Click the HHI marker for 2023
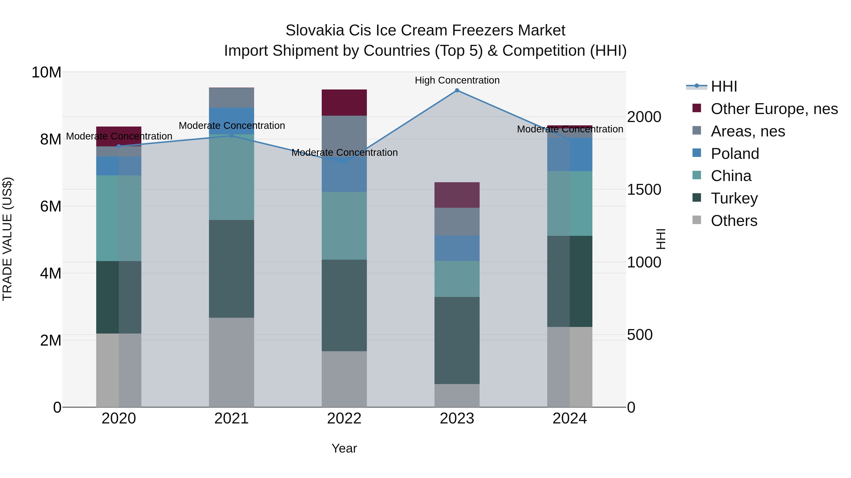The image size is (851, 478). click(x=457, y=90)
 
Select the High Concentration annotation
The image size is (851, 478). click(x=457, y=80)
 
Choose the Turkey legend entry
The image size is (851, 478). click(x=734, y=198)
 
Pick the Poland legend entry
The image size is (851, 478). click(x=735, y=154)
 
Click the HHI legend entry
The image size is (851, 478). click(x=724, y=86)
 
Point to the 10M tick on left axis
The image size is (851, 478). click(x=46, y=72)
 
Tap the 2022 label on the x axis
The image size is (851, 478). click(x=344, y=419)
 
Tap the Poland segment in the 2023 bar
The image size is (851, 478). click(x=457, y=248)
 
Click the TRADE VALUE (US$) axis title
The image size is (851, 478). click(x=7, y=239)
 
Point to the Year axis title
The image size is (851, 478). click(x=344, y=448)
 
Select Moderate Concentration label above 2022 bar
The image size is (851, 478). click(x=344, y=152)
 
